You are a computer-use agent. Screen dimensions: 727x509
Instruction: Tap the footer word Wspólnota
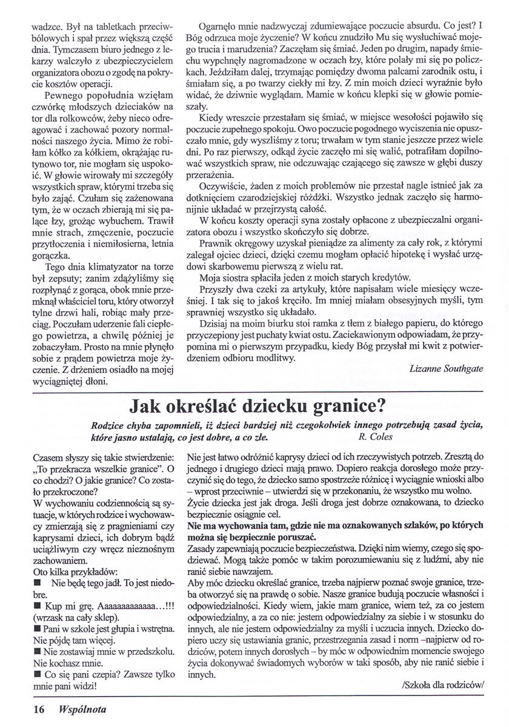[73, 707]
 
